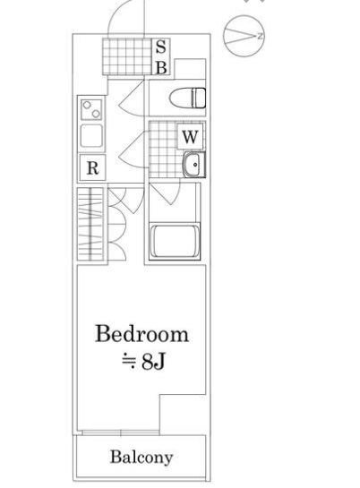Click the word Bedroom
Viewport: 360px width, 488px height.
click(x=141, y=334)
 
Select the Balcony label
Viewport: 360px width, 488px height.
click(x=141, y=458)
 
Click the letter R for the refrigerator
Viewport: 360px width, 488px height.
click(x=92, y=168)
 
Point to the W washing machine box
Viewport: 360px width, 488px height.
click(x=191, y=136)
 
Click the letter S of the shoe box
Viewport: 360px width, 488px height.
click(x=160, y=47)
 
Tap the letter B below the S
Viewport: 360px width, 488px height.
click(x=161, y=67)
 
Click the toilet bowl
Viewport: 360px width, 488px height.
click(x=187, y=98)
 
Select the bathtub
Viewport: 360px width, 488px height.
click(x=175, y=242)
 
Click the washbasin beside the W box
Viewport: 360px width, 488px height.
click(x=194, y=165)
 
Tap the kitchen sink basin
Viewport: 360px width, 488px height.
click(x=91, y=136)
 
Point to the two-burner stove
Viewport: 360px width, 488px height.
click(x=91, y=109)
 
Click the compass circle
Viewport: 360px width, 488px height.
click(x=244, y=36)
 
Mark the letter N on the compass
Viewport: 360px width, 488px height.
click(x=260, y=36)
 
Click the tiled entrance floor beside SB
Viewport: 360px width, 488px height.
click(x=127, y=56)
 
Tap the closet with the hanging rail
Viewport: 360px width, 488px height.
click(x=90, y=224)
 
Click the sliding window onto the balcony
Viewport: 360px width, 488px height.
click(x=121, y=432)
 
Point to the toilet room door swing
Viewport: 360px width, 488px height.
click(x=132, y=98)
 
